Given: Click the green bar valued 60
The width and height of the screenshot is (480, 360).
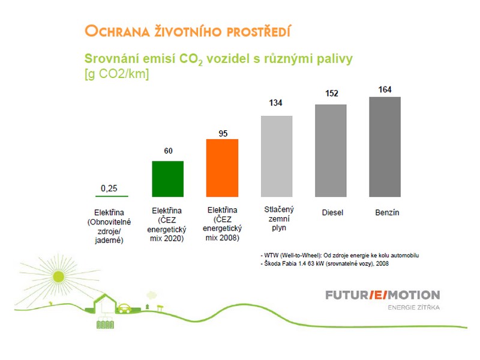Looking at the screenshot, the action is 168,179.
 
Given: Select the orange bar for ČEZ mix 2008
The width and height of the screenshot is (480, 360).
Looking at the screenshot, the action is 222,168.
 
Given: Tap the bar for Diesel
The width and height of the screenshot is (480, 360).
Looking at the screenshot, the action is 331,151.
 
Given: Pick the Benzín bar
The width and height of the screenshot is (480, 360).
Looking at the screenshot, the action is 385,147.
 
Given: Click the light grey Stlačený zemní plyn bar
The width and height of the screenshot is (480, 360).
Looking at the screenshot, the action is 277,157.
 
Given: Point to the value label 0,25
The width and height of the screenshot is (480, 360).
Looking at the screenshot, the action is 109,188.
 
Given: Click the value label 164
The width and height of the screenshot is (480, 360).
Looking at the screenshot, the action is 385,89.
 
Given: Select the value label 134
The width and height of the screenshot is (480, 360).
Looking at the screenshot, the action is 275,103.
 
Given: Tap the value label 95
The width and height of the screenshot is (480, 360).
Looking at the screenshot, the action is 223,133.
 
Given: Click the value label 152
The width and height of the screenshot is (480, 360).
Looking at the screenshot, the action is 332,94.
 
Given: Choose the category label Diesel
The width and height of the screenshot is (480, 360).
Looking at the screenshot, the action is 332,212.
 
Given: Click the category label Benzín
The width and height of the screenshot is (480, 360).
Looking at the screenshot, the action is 387,212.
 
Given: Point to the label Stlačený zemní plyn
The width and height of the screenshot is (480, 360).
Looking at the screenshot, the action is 279,218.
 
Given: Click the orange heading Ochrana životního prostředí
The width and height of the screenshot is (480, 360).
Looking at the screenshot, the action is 188,31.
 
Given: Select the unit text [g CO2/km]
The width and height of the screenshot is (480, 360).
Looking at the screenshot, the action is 116,74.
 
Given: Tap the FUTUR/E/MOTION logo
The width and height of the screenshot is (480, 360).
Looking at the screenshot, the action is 383,295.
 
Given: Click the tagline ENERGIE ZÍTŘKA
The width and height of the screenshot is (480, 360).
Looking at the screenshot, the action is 414,307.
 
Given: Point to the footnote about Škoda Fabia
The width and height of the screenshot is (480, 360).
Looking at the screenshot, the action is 325,263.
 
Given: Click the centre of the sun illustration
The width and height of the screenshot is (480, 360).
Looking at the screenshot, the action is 58,277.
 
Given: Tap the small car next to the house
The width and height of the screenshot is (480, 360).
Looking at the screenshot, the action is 124,308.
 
